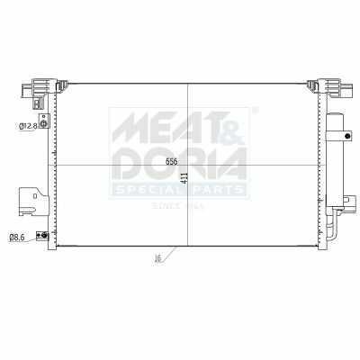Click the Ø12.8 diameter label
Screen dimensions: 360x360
pyautogui.click(x=28, y=126)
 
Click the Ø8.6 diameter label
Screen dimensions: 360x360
pyautogui.click(x=16, y=238)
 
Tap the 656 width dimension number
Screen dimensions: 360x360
pyautogui.click(x=172, y=161)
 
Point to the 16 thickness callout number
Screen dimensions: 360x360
pyautogui.click(x=157, y=257)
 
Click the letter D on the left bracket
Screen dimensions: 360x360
pyautogui.click(x=35, y=196)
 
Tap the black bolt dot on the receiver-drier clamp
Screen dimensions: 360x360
pyautogui.click(x=347, y=136)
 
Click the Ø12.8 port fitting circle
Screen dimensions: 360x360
pyautogui.click(x=44, y=123)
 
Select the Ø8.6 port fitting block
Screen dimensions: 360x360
pyautogui.click(x=42, y=236)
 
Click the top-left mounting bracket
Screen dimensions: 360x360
pyautogui.click(x=39, y=89)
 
